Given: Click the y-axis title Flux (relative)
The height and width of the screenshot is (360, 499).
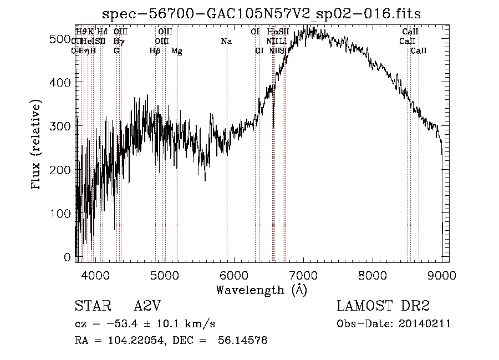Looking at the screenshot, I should point(37,145).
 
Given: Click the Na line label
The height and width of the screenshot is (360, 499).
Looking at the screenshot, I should point(226,42).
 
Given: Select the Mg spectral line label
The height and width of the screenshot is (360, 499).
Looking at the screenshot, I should point(176,51).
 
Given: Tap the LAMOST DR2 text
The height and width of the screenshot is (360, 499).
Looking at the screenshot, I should point(383,306).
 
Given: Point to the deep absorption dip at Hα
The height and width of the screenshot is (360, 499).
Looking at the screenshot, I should point(273,123).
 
